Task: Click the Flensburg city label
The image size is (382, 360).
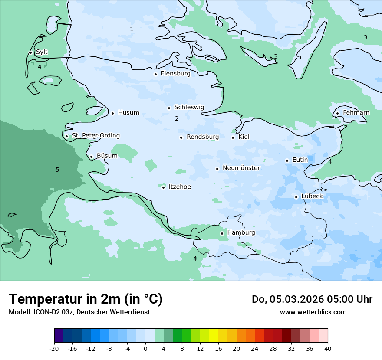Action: click(175, 74)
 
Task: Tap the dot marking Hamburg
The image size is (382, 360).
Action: click(222, 233)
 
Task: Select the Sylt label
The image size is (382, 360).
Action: click(42, 52)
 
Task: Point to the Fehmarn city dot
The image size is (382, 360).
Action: click(337, 113)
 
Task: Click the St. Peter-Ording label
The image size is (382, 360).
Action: click(95, 136)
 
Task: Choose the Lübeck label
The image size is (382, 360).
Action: click(312, 196)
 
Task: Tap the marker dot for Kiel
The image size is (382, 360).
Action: click(233, 137)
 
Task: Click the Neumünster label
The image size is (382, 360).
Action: click(241, 168)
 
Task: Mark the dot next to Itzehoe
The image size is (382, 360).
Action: click(163, 187)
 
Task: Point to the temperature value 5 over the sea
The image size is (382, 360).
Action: click(57, 170)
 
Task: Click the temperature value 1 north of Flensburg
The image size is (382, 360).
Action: click(132, 29)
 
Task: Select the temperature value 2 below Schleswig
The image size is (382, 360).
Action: click(177, 118)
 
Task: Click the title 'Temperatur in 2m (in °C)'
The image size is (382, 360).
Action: click(86, 299)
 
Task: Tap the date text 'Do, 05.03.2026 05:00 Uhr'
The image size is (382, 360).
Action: click(312, 299)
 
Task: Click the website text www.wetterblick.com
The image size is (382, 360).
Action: click(313, 312)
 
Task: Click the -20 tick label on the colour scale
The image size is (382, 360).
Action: click(54, 348)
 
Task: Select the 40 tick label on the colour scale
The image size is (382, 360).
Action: click(327, 348)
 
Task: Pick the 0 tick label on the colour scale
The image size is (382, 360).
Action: click(145, 348)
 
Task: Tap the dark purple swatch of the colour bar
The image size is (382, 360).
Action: click(59, 336)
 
